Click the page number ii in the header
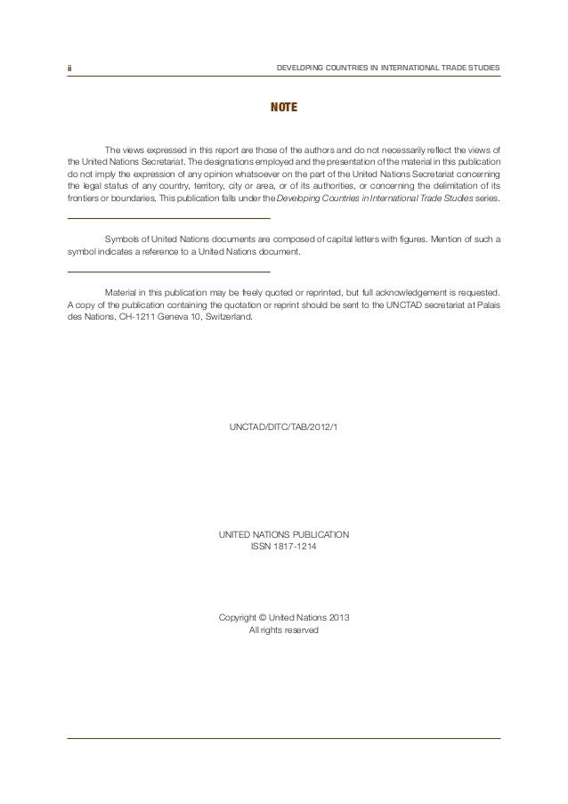coord(69,68)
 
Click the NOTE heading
coord(284,110)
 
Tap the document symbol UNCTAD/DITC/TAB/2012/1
coord(284,429)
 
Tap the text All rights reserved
coord(284,631)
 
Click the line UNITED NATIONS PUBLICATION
coord(284,532)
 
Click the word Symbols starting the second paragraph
coord(124,239)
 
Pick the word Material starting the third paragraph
coord(124,291)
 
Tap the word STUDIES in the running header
coord(482,68)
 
